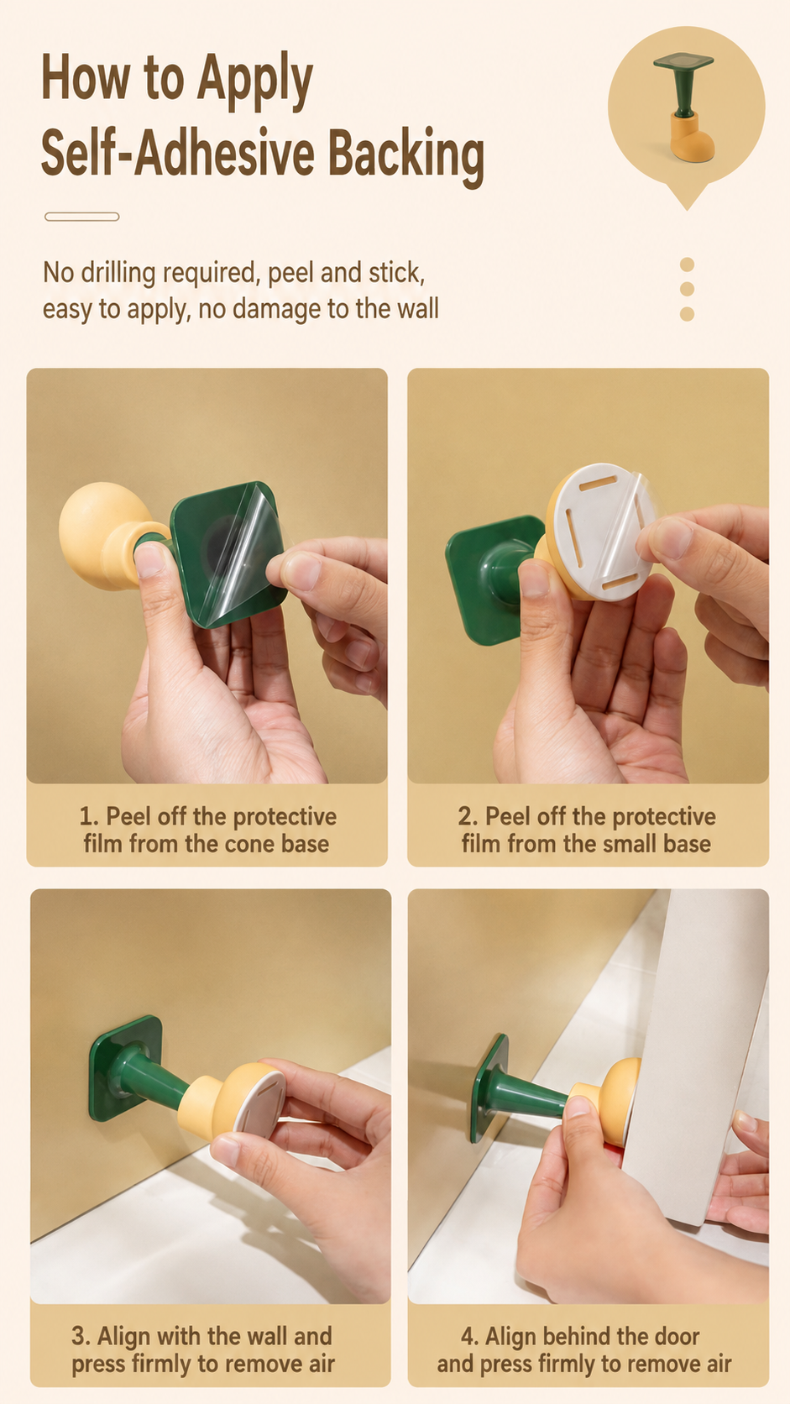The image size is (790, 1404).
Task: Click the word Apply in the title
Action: (255, 81)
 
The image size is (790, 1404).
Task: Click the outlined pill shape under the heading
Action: (82, 217)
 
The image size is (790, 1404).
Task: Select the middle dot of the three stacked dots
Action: (687, 289)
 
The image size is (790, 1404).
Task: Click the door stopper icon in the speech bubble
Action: (684, 106)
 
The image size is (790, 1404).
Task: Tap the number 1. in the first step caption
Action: (89, 817)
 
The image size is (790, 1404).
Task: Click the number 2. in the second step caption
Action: (468, 817)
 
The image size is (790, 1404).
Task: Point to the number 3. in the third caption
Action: (81, 1336)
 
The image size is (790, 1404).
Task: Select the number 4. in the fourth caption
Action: (470, 1336)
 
